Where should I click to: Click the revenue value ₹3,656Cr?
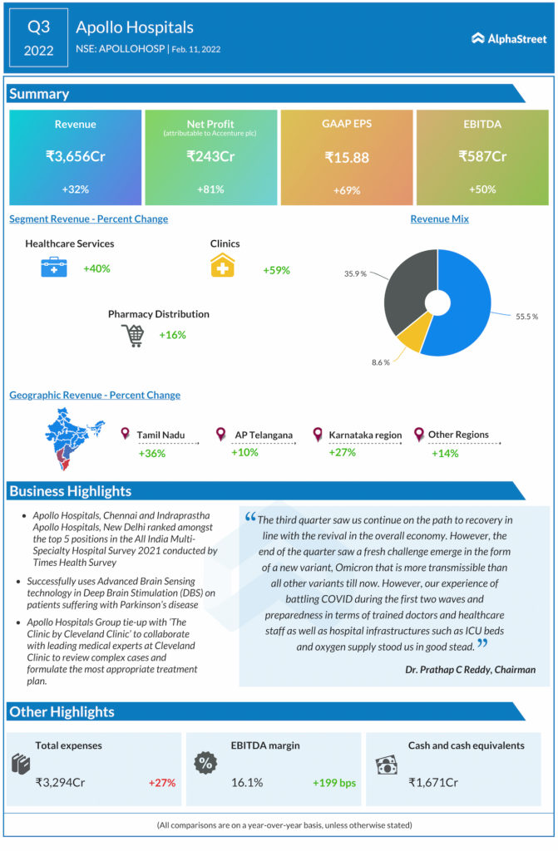pos(75,155)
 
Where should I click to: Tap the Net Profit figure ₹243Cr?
pos(210,155)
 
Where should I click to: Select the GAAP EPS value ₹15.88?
pos(346,156)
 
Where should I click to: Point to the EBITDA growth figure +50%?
pos(482,189)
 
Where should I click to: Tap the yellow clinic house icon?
pos(223,265)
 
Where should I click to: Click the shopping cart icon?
pos(132,336)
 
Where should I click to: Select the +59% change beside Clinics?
pos(276,270)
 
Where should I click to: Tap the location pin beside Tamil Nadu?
pos(125,434)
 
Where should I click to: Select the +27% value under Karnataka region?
pos(342,453)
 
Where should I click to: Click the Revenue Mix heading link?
pos(439,219)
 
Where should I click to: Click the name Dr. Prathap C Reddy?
pos(470,669)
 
